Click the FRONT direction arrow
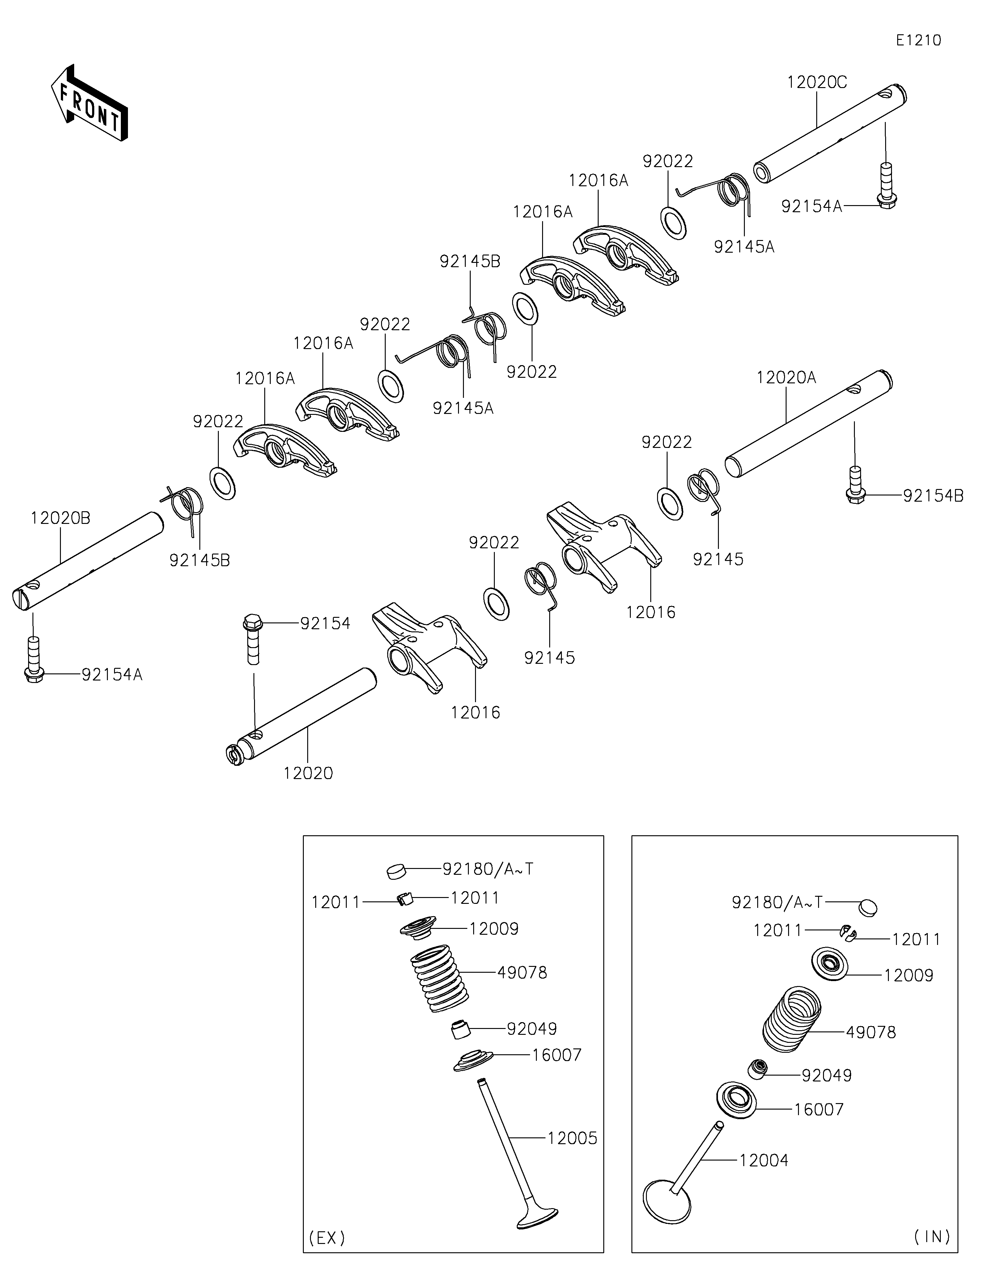pos(89,103)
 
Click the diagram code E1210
pos(919,40)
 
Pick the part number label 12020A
pos(786,378)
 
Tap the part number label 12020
pos(308,773)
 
